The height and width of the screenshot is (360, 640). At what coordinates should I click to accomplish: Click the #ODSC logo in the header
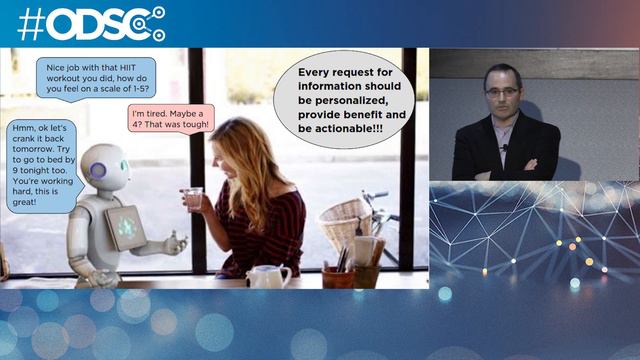point(90,23)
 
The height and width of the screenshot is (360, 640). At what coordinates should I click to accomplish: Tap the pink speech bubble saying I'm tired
point(171,119)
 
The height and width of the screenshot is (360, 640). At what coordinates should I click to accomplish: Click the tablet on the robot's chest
point(126,227)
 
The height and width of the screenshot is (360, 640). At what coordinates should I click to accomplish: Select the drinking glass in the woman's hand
point(193,198)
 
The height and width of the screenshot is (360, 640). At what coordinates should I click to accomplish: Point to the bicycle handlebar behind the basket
point(376,195)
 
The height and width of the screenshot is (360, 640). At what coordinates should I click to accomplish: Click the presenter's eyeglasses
point(502,91)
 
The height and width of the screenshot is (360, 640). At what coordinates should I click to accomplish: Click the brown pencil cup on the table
point(337,276)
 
